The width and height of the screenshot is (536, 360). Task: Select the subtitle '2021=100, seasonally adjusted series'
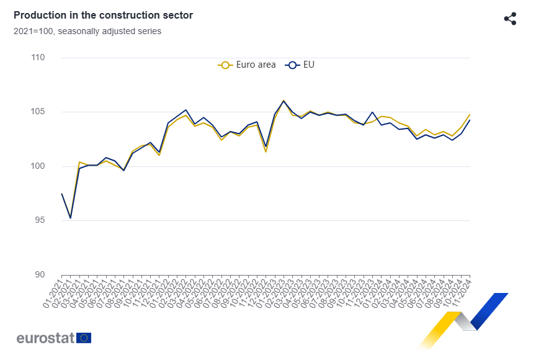tap(87, 31)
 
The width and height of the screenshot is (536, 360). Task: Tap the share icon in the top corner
tap(510, 19)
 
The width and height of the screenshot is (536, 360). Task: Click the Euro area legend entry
tap(247, 65)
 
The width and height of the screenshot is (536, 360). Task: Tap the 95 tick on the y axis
tap(39, 220)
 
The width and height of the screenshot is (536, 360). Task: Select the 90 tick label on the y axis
tap(39, 275)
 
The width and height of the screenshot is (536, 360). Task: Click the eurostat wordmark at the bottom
tap(46, 338)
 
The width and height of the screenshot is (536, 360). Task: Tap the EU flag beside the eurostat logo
tap(84, 338)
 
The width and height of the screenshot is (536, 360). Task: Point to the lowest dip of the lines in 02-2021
tap(70, 218)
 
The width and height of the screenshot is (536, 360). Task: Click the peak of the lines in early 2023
tap(284, 101)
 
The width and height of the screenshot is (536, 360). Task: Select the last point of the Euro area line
tap(470, 115)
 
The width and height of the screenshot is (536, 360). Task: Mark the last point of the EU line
tap(470, 120)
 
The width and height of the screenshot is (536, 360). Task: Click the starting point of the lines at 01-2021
tap(61, 194)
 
